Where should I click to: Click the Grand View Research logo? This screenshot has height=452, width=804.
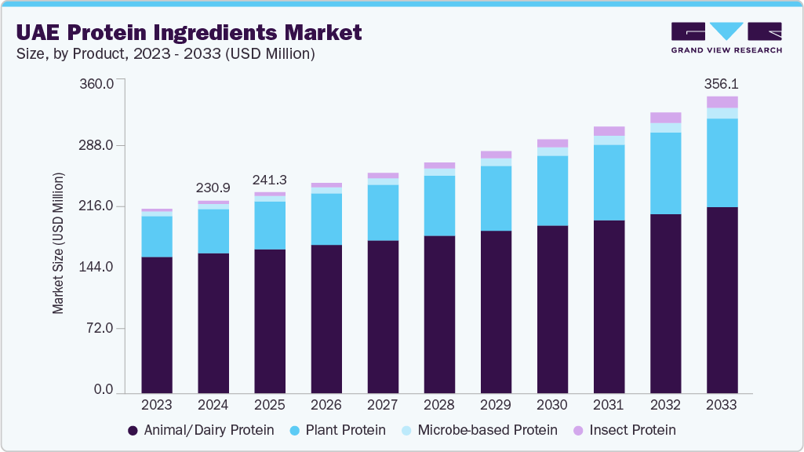point(726,37)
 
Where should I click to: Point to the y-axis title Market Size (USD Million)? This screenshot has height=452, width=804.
point(59,241)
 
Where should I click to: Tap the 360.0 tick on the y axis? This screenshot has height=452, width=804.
point(99,83)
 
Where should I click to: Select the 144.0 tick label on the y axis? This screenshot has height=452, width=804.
point(99,267)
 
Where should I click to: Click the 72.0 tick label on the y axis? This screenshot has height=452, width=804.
point(102,328)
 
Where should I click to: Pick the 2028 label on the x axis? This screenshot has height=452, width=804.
point(439,405)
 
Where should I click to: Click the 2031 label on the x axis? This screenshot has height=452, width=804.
point(609,405)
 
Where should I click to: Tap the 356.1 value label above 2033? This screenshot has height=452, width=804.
point(722,82)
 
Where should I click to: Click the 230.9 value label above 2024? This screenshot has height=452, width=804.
point(213,188)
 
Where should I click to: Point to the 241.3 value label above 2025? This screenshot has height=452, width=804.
point(270,180)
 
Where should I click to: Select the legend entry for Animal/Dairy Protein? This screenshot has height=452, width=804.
point(201,430)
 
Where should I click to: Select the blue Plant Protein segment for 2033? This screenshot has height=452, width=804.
point(722,162)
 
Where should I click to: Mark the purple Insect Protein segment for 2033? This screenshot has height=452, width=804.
point(722,102)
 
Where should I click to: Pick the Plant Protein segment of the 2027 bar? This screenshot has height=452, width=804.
point(383,213)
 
